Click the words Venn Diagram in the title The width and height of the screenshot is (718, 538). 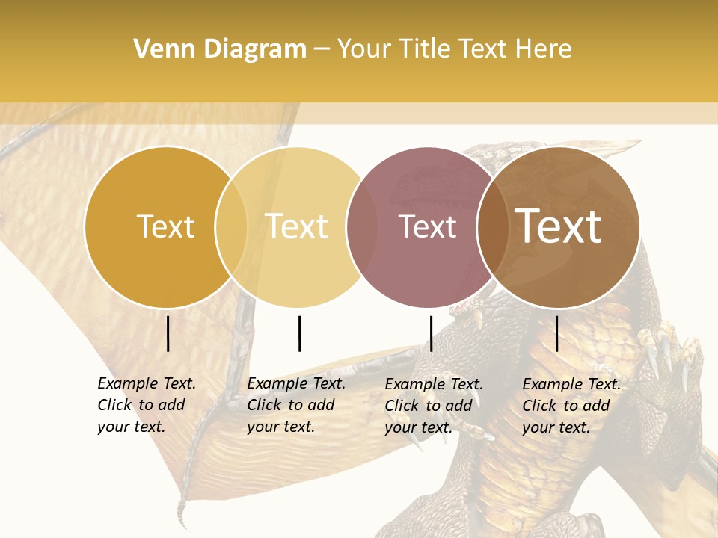220,49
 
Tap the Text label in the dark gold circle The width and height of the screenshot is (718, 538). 165,227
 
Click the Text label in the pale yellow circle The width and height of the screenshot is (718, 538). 297,227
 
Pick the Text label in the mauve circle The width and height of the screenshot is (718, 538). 427,227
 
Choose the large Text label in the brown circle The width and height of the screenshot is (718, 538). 559,227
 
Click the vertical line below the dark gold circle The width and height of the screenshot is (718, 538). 168,333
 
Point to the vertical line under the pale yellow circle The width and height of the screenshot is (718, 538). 299,333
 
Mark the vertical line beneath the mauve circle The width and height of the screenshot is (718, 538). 431,333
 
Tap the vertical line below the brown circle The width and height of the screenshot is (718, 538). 557,333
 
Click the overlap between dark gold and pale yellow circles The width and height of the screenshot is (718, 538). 231,227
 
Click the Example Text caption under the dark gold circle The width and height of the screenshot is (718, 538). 147,405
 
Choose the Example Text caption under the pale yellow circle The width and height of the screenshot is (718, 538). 296,405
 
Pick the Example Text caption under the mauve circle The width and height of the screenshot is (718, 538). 434,406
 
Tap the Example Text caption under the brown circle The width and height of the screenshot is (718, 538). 571,406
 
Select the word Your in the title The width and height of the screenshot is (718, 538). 364,49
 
